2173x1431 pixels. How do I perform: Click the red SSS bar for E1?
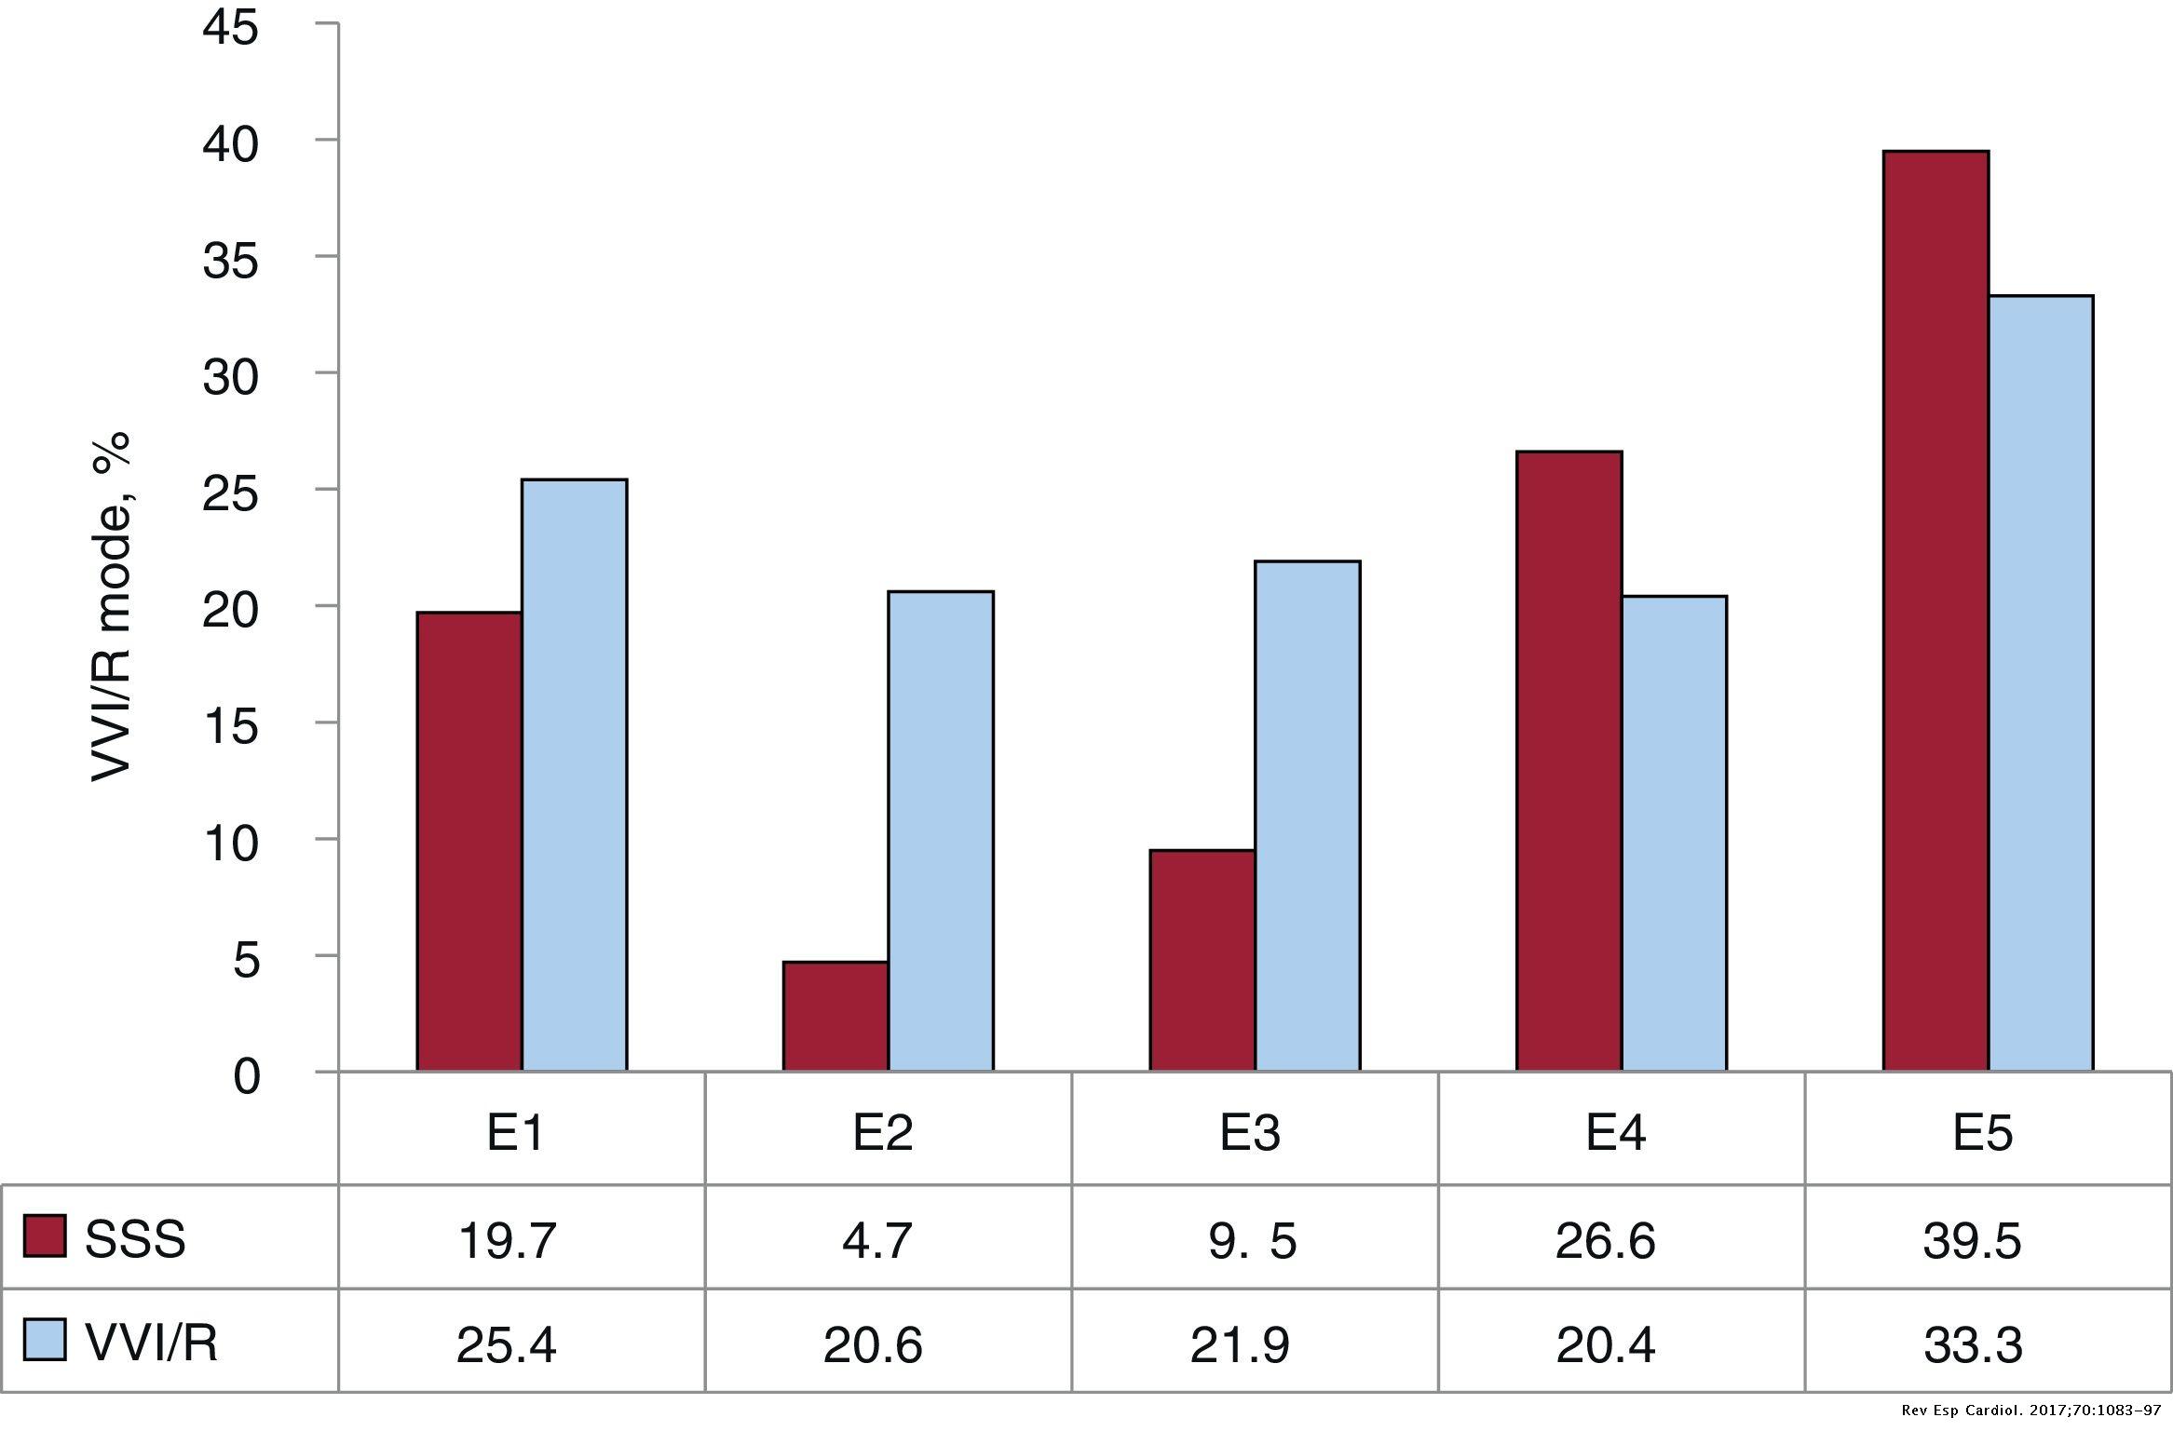point(469,842)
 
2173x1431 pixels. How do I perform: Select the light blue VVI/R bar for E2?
point(941,830)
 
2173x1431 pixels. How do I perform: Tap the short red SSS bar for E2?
point(835,1016)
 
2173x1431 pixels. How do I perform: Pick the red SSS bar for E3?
point(1202,960)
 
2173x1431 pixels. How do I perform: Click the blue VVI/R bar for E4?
point(1674,833)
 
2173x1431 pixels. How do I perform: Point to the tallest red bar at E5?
point(1935,611)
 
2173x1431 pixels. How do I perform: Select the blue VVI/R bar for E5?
point(2041,683)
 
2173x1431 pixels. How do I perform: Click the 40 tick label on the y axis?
point(230,145)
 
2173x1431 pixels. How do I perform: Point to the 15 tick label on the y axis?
point(230,727)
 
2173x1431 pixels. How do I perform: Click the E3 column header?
point(1250,1132)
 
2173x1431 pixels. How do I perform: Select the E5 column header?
point(1983,1132)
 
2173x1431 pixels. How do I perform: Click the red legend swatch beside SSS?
point(45,1236)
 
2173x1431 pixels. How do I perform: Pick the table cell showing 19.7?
point(508,1240)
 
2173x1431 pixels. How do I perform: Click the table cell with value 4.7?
point(876,1240)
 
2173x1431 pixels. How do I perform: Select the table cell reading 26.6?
point(1606,1240)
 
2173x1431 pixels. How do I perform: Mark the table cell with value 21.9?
point(1240,1344)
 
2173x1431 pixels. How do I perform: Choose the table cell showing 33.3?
point(1973,1344)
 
